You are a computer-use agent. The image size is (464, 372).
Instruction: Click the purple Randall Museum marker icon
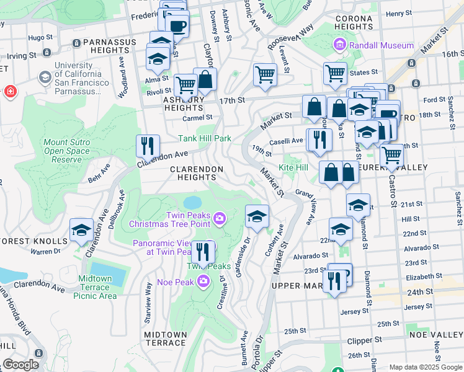[x=339, y=45]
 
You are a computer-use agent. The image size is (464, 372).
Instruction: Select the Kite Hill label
[x=293, y=168]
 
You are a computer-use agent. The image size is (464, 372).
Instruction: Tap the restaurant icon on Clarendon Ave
[x=148, y=146]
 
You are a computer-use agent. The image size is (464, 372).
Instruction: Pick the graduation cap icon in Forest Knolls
[x=81, y=231]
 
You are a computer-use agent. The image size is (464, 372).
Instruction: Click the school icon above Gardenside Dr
[x=257, y=216]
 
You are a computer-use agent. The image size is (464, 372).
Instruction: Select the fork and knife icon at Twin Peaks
[x=203, y=252]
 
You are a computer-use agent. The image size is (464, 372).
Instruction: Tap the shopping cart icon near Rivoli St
[x=185, y=85]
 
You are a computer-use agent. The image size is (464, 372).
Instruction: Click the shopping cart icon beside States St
[x=335, y=73]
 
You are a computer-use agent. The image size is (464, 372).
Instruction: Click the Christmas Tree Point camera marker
[x=219, y=218]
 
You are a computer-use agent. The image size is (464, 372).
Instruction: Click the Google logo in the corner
[x=20, y=365]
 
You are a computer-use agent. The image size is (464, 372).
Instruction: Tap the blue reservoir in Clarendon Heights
[x=193, y=203]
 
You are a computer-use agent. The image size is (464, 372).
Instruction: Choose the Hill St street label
[x=410, y=219]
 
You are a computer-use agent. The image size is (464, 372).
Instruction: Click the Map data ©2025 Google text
[x=425, y=367]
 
